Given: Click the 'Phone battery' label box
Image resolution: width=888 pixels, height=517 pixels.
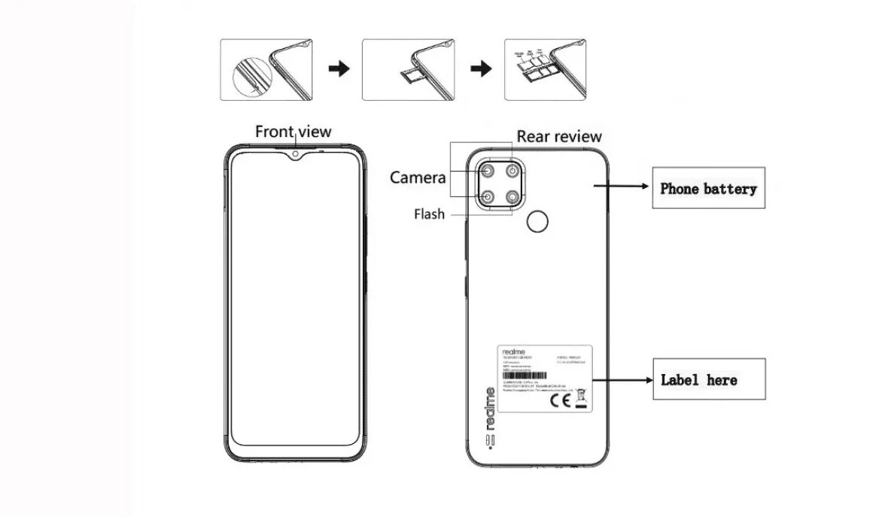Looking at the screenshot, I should tap(708, 188).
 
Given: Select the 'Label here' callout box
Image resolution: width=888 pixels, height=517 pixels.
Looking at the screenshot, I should tap(708, 379).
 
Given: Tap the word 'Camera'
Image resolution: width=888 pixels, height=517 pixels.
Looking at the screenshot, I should tap(418, 178).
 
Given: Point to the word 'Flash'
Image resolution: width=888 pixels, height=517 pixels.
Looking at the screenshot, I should tap(429, 214).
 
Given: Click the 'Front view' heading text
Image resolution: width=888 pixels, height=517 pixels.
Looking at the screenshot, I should tap(293, 132).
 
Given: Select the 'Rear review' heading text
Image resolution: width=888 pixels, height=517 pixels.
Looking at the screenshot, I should tap(559, 136).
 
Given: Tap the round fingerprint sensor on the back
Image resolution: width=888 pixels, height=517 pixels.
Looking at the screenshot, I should tap(537, 221).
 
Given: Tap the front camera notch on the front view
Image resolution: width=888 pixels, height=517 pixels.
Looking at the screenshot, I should tap(296, 155).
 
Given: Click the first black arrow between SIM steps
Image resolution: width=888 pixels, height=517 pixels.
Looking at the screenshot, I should tap(339, 69).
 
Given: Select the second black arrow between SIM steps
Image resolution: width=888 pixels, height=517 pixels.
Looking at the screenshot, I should tap(481, 69).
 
